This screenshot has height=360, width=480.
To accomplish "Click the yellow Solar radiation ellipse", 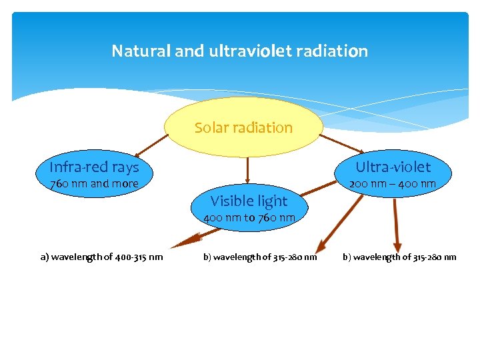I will click(x=243, y=127).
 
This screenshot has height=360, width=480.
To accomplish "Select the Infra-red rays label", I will click(x=94, y=167).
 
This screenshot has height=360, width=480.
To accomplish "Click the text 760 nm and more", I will click(x=94, y=184).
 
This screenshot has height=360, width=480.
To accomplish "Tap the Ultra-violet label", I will click(x=393, y=167).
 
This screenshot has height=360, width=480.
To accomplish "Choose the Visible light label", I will click(x=249, y=201).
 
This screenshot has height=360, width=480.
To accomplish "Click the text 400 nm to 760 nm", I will click(x=249, y=218).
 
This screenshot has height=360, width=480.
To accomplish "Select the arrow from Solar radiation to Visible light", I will click(x=247, y=171).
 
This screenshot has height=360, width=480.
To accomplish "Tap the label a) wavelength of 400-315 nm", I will click(x=101, y=257).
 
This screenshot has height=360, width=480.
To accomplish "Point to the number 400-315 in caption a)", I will click(x=135, y=257).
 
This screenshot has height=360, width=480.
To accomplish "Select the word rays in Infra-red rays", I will click(x=125, y=167).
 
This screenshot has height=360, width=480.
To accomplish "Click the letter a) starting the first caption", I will click(x=44, y=257).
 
